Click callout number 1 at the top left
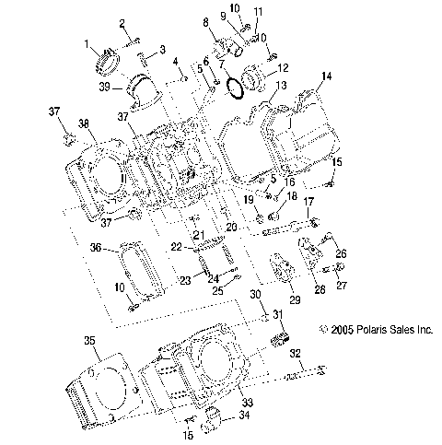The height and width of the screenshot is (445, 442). (x=88, y=44)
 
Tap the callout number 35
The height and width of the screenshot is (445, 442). (x=90, y=342)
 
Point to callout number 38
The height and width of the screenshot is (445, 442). (x=84, y=123)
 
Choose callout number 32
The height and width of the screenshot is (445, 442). (x=296, y=353)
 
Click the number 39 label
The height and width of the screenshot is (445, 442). (x=105, y=87)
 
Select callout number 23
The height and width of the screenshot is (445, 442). (x=184, y=281)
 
